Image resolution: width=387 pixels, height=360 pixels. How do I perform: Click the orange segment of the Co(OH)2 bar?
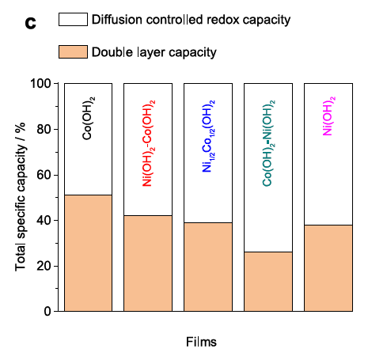pos(88,253)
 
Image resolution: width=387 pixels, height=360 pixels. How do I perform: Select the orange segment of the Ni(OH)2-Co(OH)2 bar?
pos(148,263)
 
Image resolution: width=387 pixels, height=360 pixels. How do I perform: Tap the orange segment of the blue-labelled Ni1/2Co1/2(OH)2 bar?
pos(208,267)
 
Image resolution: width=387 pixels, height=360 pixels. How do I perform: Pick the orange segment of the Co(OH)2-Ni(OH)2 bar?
pos(268,282)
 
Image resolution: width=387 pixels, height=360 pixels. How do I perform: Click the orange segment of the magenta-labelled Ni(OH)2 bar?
pos(328,268)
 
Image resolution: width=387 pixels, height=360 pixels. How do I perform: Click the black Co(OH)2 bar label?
pos(89,118)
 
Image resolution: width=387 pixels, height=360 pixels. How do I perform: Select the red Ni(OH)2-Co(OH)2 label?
pos(149,143)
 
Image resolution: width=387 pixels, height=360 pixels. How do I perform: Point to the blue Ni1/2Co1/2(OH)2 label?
pos(209,136)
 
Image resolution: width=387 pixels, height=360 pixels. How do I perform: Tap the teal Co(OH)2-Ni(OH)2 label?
pos(269,143)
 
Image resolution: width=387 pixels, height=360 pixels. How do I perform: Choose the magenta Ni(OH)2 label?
pos(329,116)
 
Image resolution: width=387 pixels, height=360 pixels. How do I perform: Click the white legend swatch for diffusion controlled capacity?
pos(73,20)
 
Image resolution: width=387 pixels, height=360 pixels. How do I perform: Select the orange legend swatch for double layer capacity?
pos(73,51)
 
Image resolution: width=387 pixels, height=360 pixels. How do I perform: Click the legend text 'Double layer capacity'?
pos(154,52)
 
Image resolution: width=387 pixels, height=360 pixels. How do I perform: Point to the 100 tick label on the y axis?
pos(40,84)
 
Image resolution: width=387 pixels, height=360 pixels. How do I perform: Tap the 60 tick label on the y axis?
pos(44,175)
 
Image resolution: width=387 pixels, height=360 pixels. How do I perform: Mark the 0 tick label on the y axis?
pos(47,312)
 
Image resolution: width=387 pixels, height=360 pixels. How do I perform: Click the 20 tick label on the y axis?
pos(44,266)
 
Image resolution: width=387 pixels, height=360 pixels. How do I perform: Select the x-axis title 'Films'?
pos(201,342)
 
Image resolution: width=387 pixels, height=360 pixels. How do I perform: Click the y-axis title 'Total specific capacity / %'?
pos(21,197)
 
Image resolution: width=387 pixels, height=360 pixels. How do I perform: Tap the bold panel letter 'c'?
pos(30,23)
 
